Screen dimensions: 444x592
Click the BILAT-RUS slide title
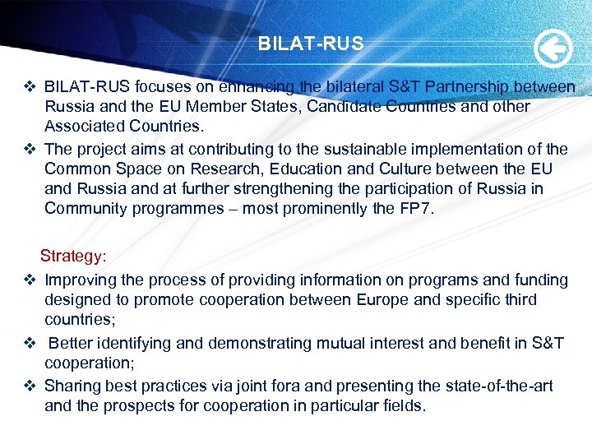coord(310,44)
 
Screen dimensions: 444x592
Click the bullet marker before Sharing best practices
coord(29,386)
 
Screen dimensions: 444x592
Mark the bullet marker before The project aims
coord(29,149)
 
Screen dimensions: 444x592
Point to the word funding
coord(539,280)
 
